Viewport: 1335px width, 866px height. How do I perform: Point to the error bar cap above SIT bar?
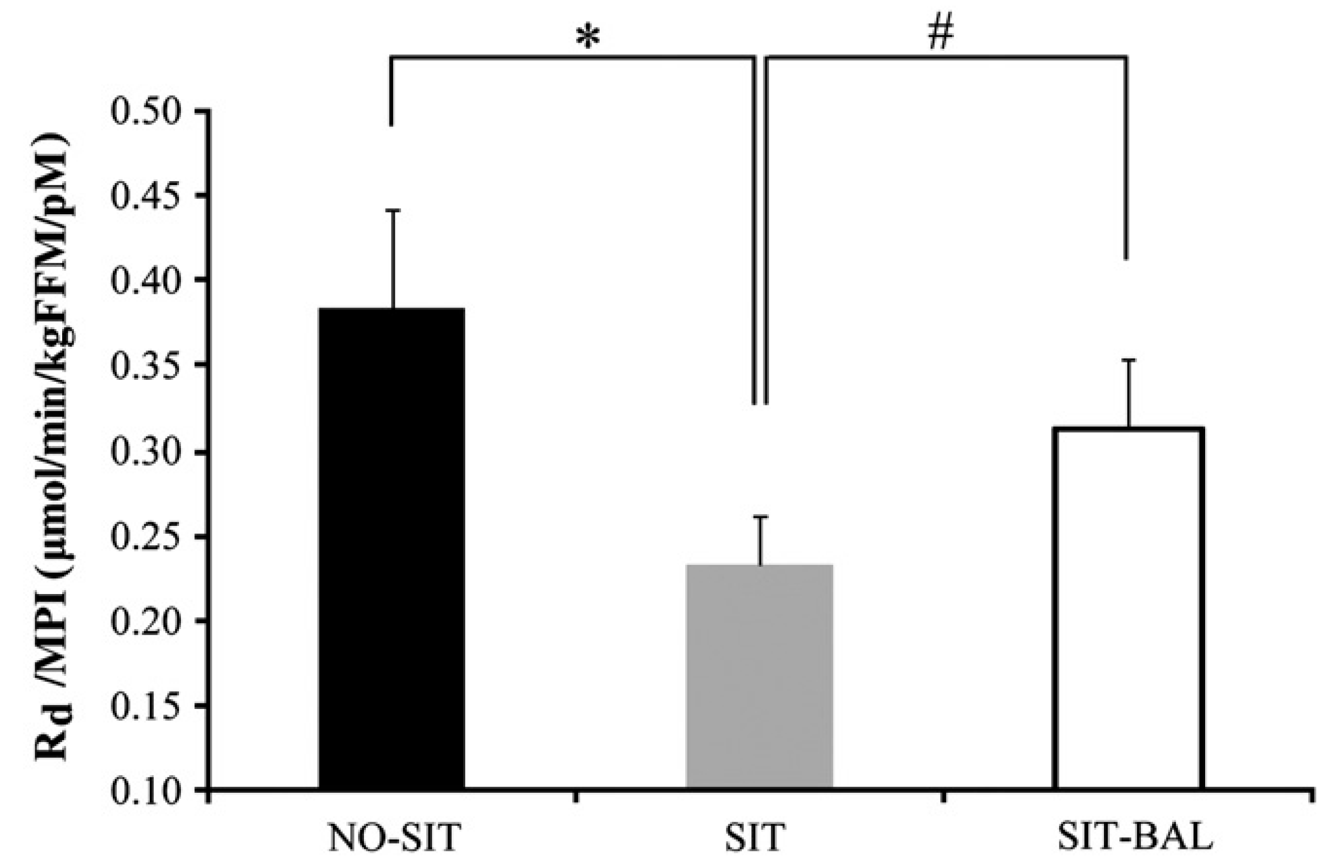[x=760, y=517]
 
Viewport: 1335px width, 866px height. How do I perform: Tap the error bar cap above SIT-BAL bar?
[x=1128, y=360]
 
